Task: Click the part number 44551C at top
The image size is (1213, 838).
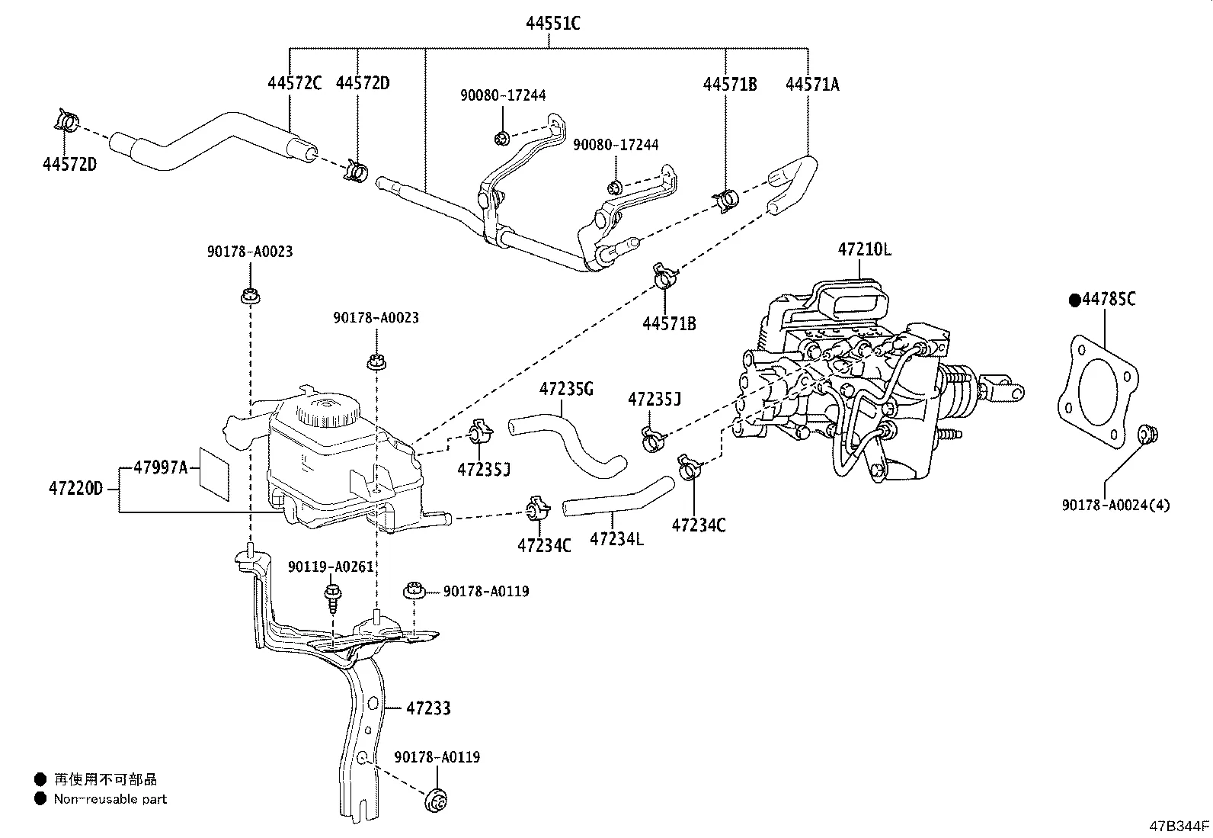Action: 552,24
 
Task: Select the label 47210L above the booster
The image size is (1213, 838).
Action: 864,249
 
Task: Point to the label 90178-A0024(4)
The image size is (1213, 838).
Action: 1115,505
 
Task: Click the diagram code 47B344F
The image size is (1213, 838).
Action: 1179,826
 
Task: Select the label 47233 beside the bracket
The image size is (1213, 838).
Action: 428,708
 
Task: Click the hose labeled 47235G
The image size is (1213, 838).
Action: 568,442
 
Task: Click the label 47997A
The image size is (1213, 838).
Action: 160,467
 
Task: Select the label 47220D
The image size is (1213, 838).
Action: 75,488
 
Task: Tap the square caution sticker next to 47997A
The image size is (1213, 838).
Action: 214,474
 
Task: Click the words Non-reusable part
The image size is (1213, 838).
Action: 110,799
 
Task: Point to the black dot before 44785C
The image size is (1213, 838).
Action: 1075,300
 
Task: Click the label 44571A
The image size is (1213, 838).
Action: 812,84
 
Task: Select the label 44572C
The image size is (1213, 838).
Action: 294,83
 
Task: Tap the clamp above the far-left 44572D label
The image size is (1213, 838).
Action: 66,121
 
